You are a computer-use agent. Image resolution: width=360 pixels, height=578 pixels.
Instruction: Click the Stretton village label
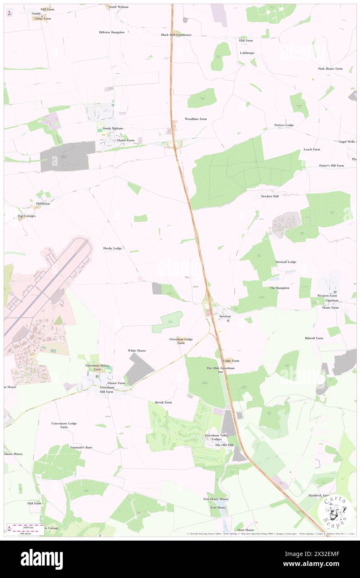pos(225,316)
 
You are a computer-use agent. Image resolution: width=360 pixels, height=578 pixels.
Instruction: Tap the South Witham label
pos(113,128)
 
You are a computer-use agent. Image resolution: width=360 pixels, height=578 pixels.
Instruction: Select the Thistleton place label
pos(43,203)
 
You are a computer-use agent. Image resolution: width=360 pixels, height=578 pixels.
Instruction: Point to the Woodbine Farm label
pos(196,119)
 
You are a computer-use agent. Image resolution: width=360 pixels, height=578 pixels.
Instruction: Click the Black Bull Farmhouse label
pos(176,35)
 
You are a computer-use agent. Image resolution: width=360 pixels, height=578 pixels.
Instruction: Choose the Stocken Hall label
pos(270,196)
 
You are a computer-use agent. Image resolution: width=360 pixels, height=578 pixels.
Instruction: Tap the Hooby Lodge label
pos(112,248)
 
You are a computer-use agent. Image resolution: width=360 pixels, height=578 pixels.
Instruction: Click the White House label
pos(137,351)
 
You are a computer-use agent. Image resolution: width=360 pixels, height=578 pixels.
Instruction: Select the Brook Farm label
pos(163,403)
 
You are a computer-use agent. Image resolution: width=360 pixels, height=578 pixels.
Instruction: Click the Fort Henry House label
pos(216,499)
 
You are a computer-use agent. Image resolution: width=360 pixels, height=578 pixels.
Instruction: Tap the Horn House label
pos(246,530)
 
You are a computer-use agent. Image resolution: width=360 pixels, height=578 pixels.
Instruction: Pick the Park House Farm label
pos(330,69)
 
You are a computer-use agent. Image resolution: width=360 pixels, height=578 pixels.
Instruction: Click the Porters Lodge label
pos(284,125)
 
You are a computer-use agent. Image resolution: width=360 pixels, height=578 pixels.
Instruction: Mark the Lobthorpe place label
pos(247,53)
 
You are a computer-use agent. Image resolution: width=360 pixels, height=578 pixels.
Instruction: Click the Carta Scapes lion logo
pos(335,511)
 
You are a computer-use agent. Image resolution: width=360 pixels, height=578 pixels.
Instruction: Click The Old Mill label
pos(224,445)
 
